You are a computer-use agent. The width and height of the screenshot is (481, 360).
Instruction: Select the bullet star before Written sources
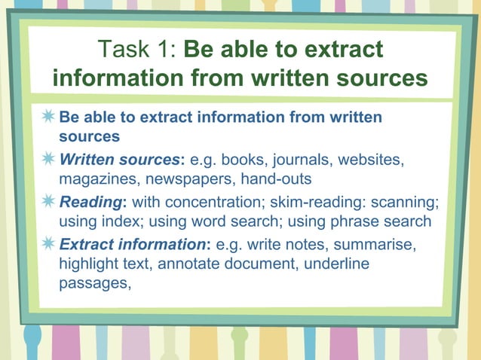click(48, 160)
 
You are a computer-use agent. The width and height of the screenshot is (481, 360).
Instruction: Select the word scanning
click(408, 203)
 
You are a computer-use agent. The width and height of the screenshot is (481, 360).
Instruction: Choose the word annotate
click(211, 264)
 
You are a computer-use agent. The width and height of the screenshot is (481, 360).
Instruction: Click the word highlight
click(87, 264)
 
